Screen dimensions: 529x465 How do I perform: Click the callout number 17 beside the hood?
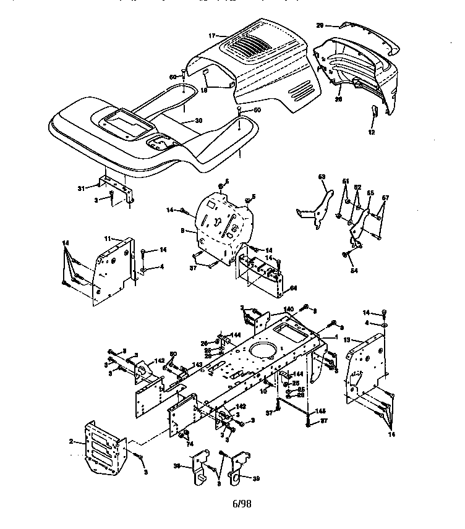(x=211, y=36)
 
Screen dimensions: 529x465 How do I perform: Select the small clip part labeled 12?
(x=373, y=112)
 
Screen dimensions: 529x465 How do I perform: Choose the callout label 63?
(x=322, y=177)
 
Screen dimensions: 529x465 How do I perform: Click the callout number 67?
(x=385, y=198)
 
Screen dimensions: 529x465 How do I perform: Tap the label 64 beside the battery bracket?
(x=293, y=287)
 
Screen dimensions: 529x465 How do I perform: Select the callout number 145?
(x=320, y=412)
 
